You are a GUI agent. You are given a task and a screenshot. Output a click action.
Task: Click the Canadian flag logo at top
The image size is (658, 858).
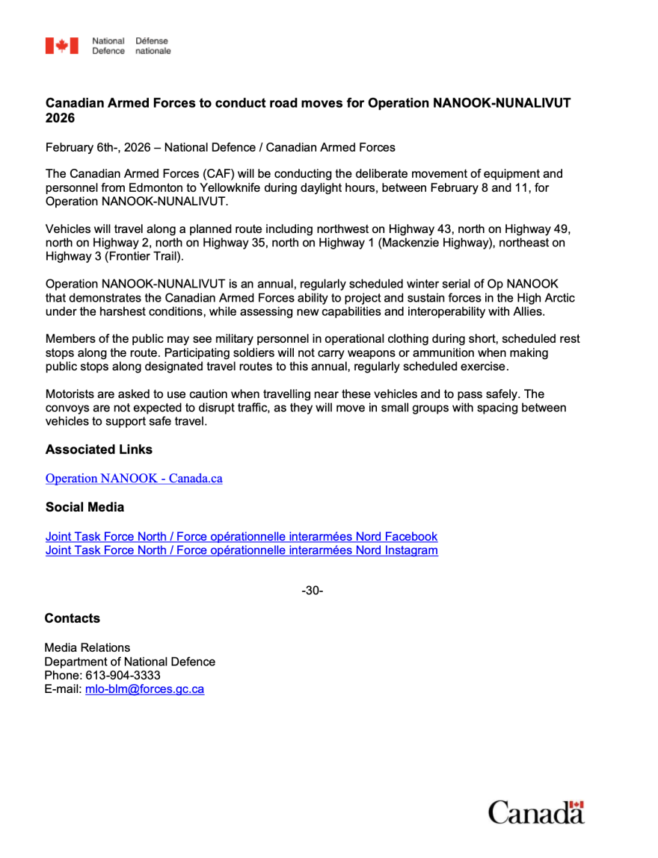pyautogui.click(x=61, y=46)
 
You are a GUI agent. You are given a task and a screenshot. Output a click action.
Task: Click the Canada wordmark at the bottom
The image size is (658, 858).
pyautogui.click(x=536, y=812)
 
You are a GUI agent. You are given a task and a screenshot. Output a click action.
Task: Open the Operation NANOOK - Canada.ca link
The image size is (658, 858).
pyautogui.click(x=134, y=479)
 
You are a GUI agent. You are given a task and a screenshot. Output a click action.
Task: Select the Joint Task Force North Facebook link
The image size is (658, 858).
pyautogui.click(x=241, y=536)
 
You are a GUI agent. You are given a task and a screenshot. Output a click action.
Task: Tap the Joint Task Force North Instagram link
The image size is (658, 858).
pyautogui.click(x=242, y=550)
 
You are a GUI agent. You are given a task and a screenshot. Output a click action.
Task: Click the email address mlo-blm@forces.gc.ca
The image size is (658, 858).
pyautogui.click(x=144, y=689)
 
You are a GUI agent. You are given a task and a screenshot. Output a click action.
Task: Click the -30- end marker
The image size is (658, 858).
pyautogui.click(x=312, y=591)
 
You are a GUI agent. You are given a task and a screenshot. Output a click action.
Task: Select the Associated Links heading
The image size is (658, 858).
pyautogui.click(x=99, y=450)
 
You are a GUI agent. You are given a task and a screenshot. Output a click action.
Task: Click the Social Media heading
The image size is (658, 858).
pyautogui.click(x=84, y=507)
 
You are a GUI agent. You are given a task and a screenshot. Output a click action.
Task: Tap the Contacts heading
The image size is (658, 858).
pyautogui.click(x=72, y=618)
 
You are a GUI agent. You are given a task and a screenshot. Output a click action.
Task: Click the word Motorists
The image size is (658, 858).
pyautogui.click(x=72, y=394)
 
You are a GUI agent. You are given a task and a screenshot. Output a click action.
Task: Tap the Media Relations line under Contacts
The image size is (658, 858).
pyautogui.click(x=87, y=647)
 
